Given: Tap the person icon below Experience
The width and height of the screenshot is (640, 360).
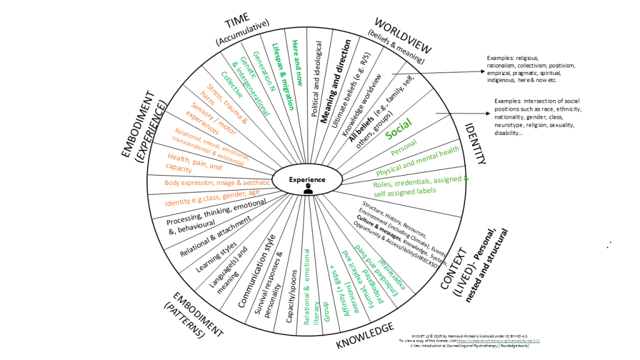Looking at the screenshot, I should coord(308,189).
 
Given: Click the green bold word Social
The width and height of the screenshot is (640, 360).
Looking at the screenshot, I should coord(399,132).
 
